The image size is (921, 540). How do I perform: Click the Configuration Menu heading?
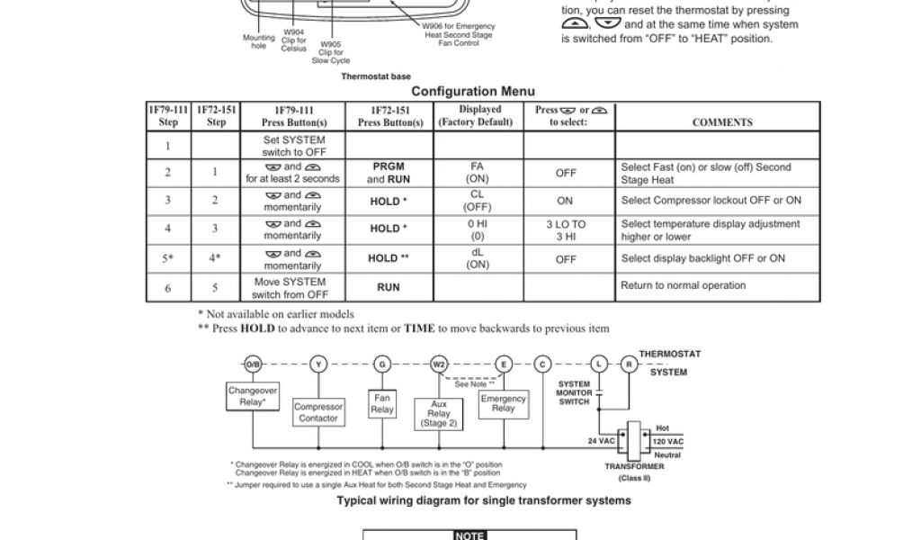(473, 91)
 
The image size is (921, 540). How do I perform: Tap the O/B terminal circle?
(253, 364)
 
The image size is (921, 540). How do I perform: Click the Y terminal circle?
(318, 364)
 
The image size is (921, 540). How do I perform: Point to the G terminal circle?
(383, 364)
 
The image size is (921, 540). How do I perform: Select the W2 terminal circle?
(439, 364)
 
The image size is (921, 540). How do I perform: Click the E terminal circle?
(504, 364)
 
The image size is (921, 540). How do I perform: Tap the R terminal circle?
(630, 364)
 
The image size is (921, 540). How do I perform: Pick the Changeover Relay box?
(252, 397)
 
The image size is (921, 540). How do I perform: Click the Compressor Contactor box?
(318, 413)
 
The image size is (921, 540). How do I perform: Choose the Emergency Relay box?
(504, 403)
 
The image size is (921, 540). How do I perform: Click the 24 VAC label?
(601, 442)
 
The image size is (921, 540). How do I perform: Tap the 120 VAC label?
(668, 442)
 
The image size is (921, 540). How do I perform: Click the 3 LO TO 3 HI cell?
(565, 230)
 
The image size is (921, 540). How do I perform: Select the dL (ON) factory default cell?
(478, 258)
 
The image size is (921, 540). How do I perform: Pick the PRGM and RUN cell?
(390, 173)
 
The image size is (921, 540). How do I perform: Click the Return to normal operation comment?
(684, 286)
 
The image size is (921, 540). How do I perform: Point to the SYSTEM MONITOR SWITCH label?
(574, 393)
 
